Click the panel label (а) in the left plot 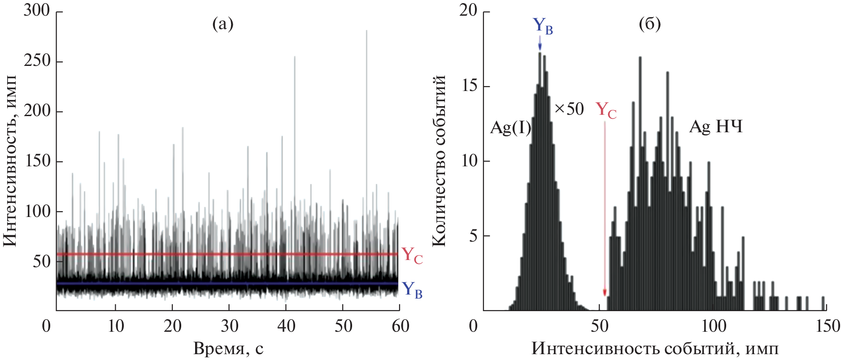click(x=223, y=24)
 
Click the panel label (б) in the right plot click(x=649, y=24)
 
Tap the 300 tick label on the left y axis click(x=37, y=10)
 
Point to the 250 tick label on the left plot click(x=37, y=61)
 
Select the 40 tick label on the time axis click(x=286, y=326)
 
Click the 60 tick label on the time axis click(x=400, y=326)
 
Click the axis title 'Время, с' click(x=228, y=348)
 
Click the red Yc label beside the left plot click(x=412, y=256)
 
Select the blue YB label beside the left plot click(x=412, y=289)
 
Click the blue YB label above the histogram click(x=542, y=26)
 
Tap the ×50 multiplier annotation click(x=569, y=109)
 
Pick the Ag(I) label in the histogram click(x=510, y=128)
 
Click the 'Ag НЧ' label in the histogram click(x=716, y=127)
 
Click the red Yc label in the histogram click(x=606, y=110)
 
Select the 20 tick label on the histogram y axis click(x=468, y=10)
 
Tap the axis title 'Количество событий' click(x=439, y=160)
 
